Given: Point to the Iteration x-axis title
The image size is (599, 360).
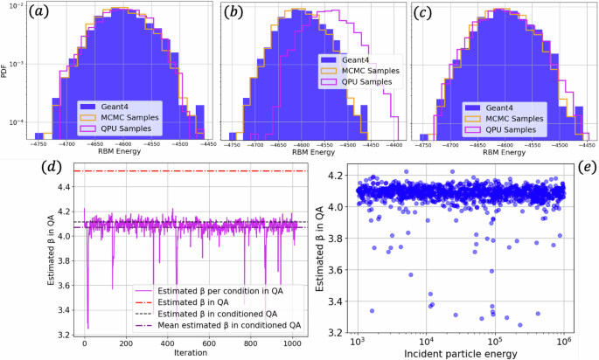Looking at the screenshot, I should [190, 353].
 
